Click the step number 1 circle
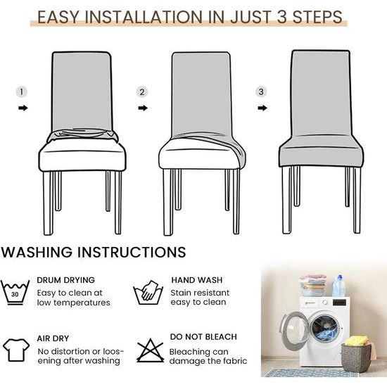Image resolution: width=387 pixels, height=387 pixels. [22, 92]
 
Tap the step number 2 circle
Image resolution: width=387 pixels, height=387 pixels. [142, 92]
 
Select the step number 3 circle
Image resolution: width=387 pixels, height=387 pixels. [261, 91]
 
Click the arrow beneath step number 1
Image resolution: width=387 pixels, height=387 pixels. [23, 108]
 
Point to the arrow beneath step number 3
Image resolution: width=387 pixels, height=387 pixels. [262, 108]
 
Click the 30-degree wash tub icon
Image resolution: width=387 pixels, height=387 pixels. [15, 293]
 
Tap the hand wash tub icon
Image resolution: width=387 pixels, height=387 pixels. [148, 292]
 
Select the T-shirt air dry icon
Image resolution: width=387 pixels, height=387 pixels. [16, 350]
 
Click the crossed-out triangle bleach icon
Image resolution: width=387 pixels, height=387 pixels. [150, 350]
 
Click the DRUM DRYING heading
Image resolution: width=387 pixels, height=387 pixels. [65, 280]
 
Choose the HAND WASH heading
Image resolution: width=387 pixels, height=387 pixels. [197, 280]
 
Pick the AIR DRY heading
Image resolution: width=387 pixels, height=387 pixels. [53, 338]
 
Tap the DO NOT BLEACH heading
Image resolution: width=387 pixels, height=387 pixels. [203, 336]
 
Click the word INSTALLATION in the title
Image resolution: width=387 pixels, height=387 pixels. [146, 17]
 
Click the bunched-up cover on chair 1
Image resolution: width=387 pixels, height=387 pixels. [82, 136]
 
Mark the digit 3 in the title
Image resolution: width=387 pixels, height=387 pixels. [282, 17]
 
